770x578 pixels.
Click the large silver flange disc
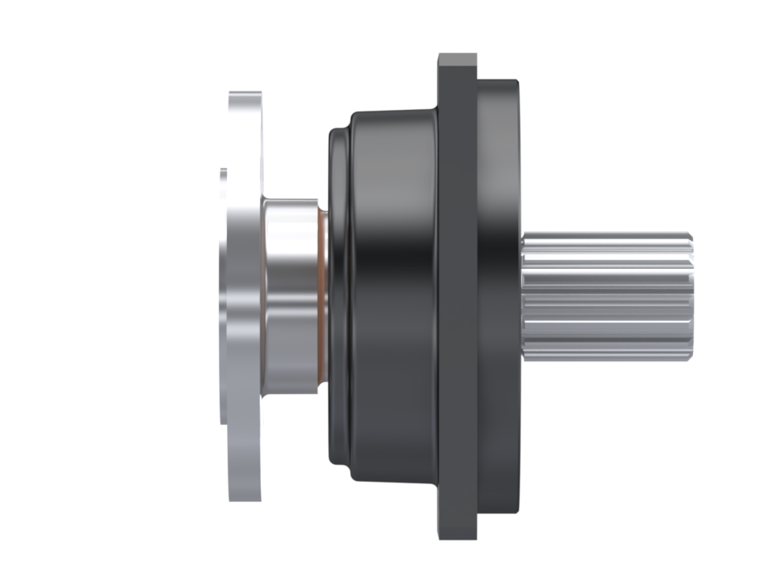point(243,297)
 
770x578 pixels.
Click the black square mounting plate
point(457,297)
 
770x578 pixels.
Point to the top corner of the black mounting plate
point(457,59)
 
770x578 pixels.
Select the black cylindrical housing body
point(393,297)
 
